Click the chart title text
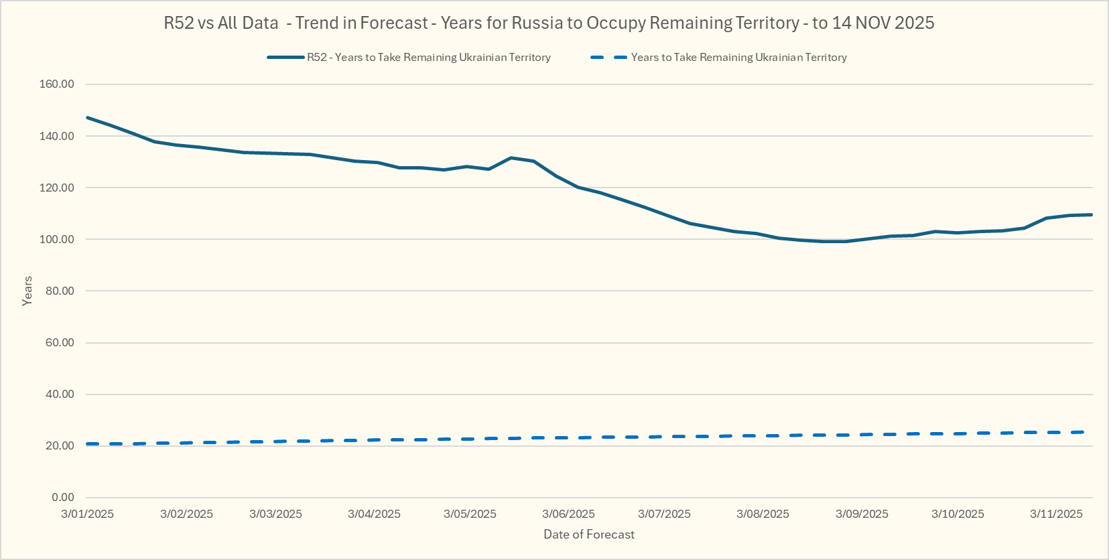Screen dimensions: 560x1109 click(x=549, y=23)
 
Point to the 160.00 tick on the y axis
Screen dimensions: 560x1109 click(x=57, y=84)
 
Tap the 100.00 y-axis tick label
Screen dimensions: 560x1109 click(x=57, y=239)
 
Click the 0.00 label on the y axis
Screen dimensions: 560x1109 click(x=63, y=497)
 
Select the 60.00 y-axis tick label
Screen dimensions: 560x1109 click(x=60, y=342)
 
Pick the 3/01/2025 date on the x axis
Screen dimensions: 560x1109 click(x=87, y=514)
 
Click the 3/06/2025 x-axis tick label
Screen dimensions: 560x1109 click(x=568, y=514)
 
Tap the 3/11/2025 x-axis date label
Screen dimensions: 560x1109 click(x=1056, y=514)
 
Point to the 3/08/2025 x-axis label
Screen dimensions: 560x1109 click(x=763, y=514)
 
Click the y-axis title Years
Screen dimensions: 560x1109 click(x=27, y=291)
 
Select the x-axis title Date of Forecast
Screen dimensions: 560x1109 click(x=589, y=535)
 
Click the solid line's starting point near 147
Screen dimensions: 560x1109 click(x=88, y=118)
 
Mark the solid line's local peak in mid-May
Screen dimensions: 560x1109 click(x=511, y=157)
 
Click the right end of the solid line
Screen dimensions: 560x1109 click(x=1092, y=214)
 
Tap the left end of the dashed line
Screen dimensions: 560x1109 click(x=88, y=444)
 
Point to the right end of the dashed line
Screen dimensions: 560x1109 click(x=1082, y=432)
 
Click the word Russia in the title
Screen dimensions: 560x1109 click(x=537, y=23)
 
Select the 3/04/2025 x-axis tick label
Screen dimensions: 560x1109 click(x=374, y=514)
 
